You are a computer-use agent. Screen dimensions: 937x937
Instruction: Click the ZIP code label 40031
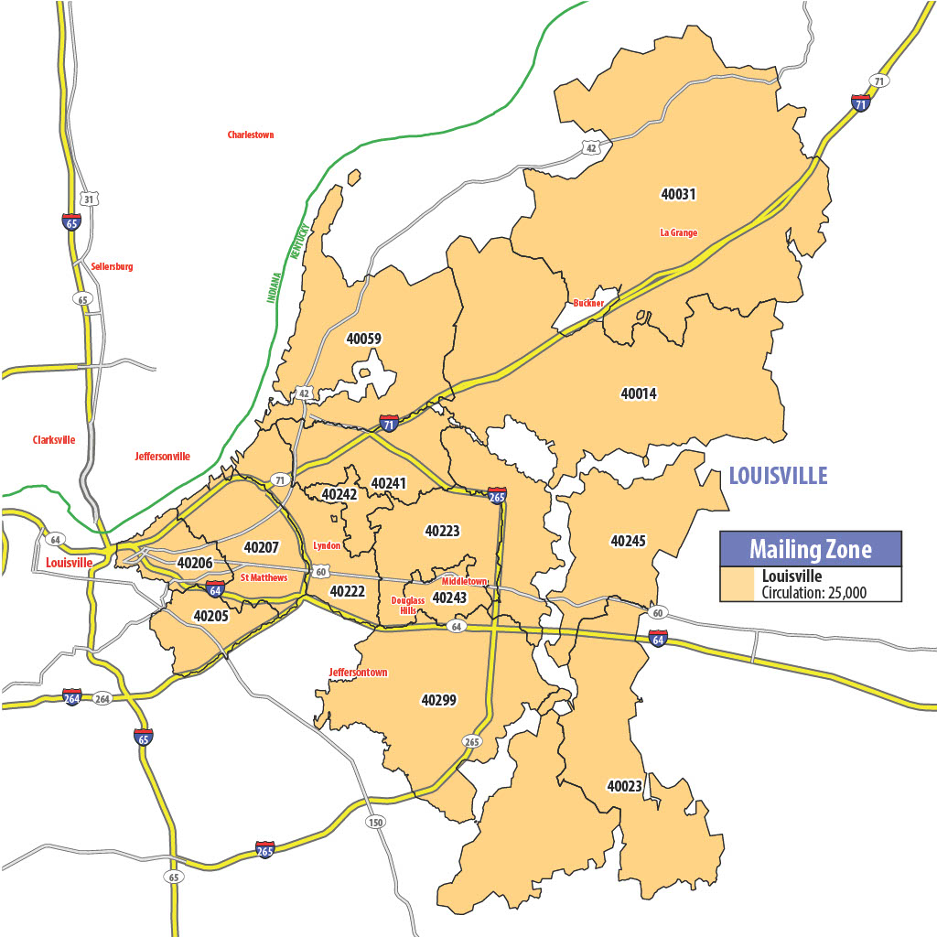coord(678,193)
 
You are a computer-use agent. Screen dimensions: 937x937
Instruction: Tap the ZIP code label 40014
coord(639,393)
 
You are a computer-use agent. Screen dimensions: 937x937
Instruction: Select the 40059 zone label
coord(363,339)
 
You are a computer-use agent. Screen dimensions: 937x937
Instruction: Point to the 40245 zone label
coord(628,541)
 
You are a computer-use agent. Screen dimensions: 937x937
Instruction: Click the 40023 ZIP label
coord(624,785)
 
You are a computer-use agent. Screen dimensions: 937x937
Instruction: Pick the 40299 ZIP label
coord(439,700)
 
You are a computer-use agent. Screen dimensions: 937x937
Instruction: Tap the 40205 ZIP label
coord(211,616)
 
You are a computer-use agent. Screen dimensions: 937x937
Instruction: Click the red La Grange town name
coord(678,232)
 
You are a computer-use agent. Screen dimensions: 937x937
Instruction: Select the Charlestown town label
coord(251,135)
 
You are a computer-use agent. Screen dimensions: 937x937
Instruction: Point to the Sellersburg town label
coord(112,266)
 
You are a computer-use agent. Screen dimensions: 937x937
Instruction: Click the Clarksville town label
coord(53,440)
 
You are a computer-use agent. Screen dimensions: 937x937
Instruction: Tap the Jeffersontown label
coord(358,673)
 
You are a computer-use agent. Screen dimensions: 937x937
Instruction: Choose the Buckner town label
coord(588,303)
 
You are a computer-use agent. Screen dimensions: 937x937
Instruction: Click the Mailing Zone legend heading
coord(810,549)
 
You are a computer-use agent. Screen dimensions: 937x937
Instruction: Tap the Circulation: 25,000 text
coord(814,592)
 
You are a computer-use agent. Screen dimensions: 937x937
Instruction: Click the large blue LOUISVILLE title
coord(778,476)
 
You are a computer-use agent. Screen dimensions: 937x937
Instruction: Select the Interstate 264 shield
coord(72,697)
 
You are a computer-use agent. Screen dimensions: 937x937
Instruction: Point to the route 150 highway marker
coord(375,823)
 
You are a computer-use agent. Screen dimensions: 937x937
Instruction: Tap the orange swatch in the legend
coord(738,584)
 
